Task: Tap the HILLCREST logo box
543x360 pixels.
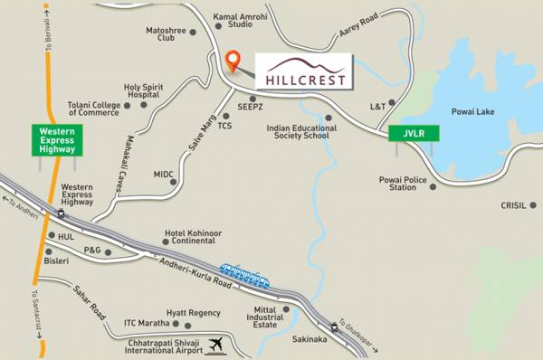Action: [x=301, y=71]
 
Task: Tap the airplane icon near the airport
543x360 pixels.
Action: [x=215, y=344]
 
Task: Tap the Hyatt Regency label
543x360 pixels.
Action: [x=199, y=313]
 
